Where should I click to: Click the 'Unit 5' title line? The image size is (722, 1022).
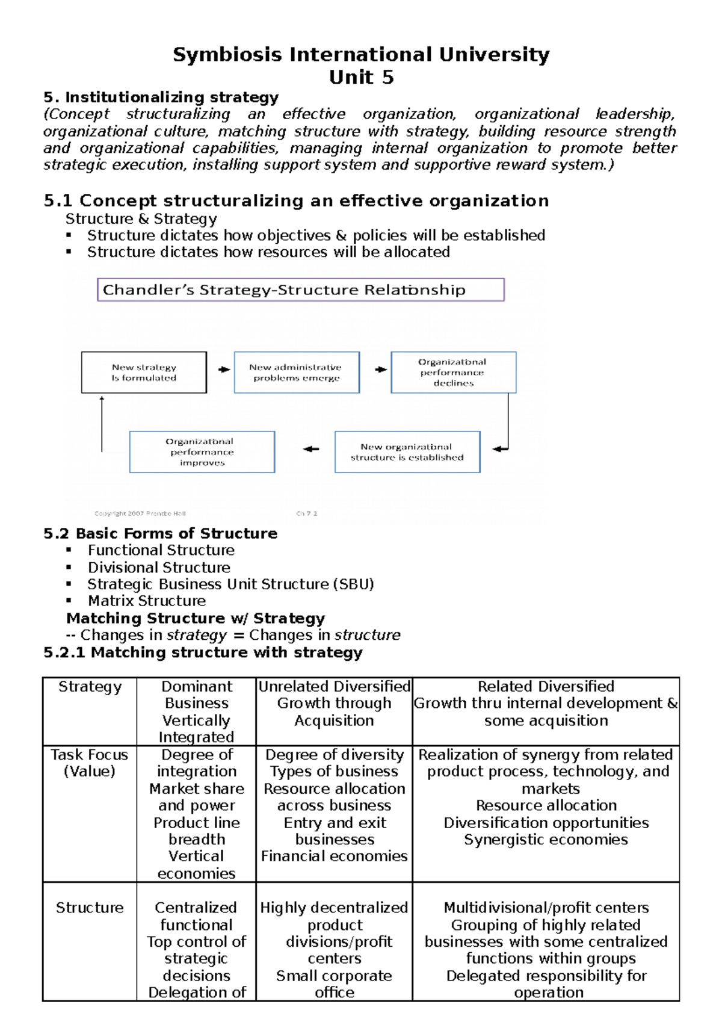tap(361, 78)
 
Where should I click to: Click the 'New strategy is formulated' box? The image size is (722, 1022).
tap(144, 373)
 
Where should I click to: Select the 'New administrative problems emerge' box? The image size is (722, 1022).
tap(297, 373)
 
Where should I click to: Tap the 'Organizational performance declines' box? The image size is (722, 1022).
tap(453, 373)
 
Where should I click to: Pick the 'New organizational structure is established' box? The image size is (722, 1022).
tap(407, 452)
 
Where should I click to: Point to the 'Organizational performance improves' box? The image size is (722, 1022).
tap(202, 452)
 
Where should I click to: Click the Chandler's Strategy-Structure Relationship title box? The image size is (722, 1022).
tap(300, 290)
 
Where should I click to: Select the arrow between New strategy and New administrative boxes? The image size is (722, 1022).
tap(224, 370)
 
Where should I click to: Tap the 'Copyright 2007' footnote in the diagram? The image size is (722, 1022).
tap(140, 513)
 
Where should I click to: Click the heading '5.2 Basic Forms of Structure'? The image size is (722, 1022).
tap(160, 533)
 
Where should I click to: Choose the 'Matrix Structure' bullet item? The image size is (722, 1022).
tap(146, 601)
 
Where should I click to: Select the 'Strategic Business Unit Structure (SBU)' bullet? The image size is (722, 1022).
tap(230, 584)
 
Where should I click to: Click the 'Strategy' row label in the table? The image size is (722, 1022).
tap(90, 687)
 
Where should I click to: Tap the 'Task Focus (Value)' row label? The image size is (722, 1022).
tap(90, 763)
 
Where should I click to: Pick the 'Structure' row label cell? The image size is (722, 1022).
tap(90, 908)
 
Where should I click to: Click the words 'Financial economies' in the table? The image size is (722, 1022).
tap(334, 856)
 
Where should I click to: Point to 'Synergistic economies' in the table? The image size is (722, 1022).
tap(546, 840)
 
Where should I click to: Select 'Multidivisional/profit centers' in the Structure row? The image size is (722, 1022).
tap(546, 908)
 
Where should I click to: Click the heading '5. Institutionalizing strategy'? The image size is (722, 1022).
tap(161, 98)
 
